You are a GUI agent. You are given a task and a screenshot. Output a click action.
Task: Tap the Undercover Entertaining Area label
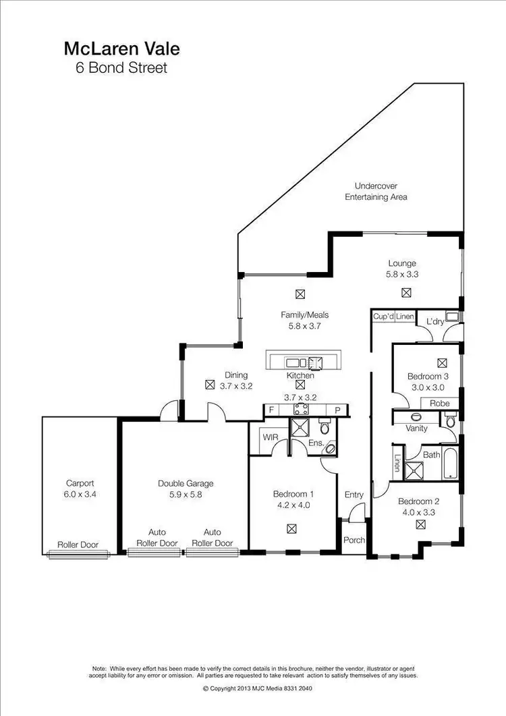click(376, 191)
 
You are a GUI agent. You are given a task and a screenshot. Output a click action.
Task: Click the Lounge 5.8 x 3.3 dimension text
click(402, 275)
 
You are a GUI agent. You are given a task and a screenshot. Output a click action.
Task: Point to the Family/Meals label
click(304, 314)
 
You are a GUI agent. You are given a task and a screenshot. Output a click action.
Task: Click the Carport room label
click(80, 483)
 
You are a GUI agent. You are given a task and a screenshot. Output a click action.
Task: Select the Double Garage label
click(186, 483)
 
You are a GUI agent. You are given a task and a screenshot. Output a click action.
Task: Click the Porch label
click(354, 541)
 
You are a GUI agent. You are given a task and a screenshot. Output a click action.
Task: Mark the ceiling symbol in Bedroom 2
click(420, 524)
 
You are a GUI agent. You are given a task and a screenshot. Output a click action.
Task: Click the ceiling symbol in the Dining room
click(210, 385)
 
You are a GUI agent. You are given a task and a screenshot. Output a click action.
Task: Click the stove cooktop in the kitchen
click(301, 409)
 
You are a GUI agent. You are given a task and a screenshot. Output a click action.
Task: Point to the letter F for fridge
click(271, 410)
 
